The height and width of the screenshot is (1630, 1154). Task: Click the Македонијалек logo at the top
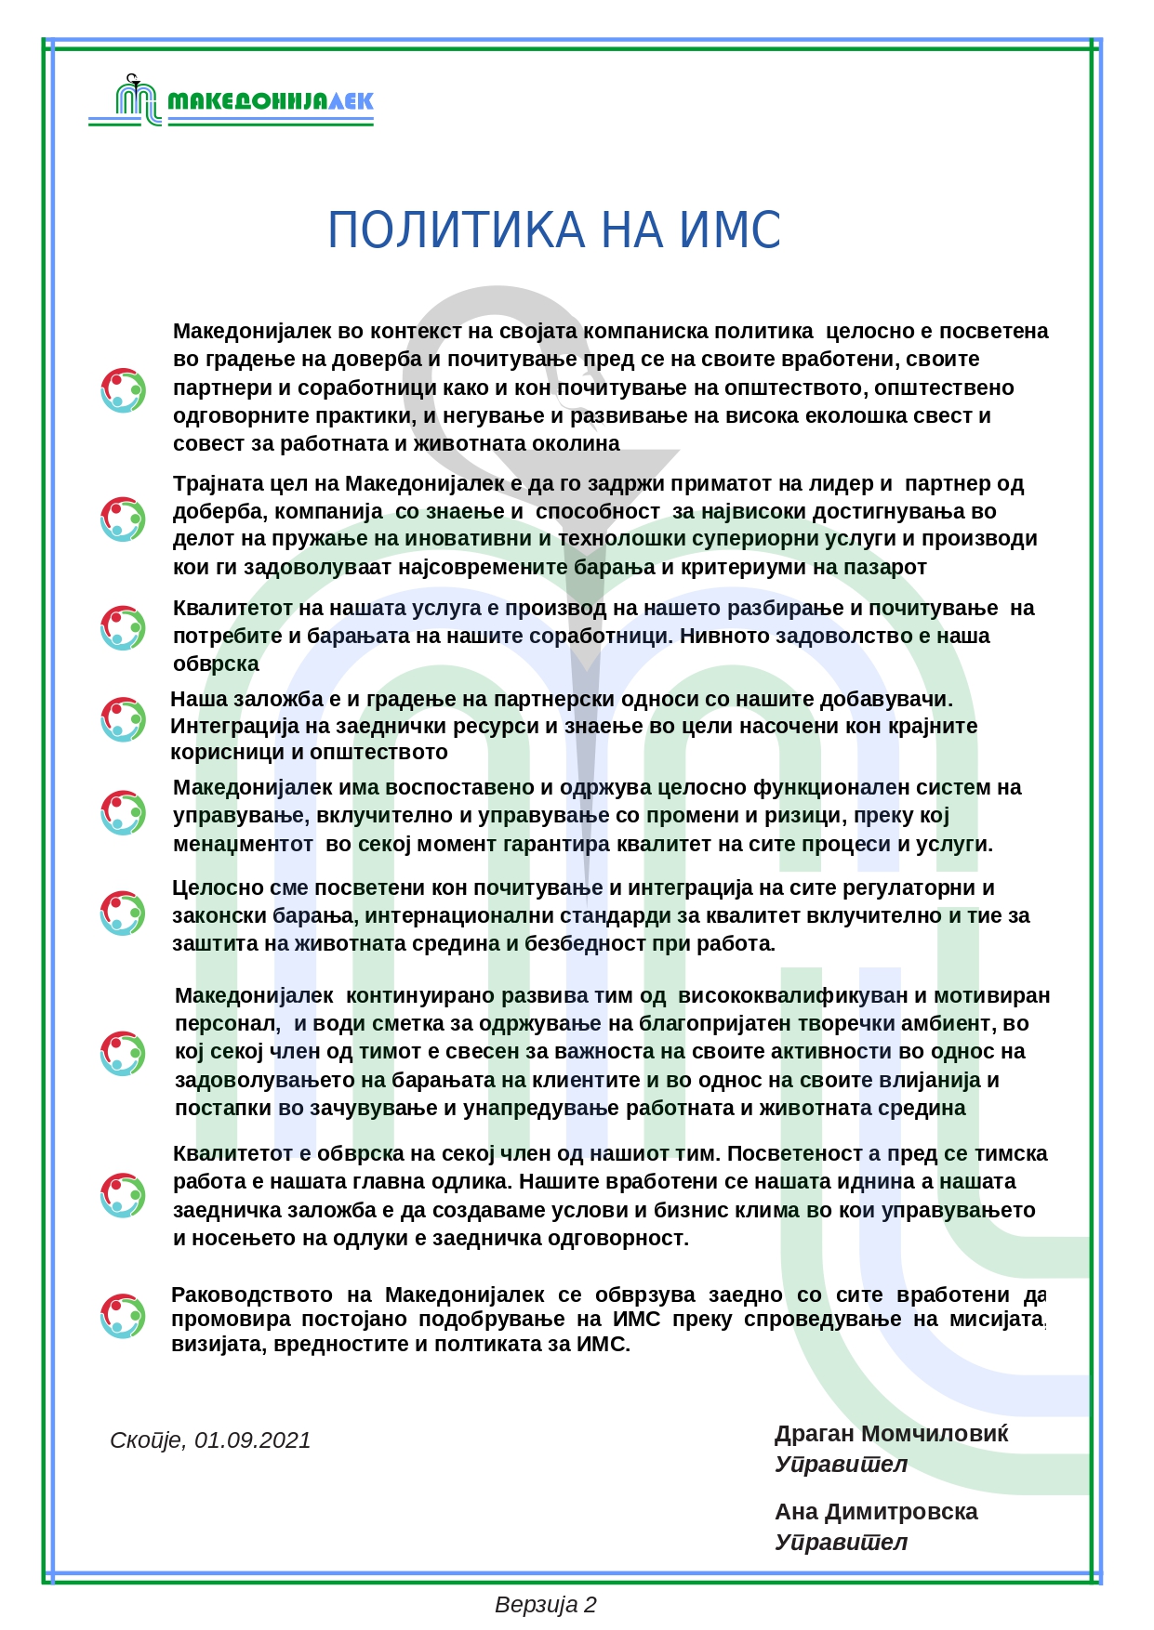tap(231, 100)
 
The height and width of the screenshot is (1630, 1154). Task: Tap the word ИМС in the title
tap(730, 230)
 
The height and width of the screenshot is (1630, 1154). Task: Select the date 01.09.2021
tap(252, 1439)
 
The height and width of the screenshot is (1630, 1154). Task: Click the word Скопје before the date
tap(145, 1439)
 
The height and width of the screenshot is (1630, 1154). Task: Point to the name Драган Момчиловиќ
tap(891, 1434)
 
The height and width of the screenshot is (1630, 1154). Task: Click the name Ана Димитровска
tap(876, 1512)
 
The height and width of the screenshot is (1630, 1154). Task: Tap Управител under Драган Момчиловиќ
tap(841, 1465)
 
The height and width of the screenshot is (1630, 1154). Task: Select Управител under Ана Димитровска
tap(841, 1543)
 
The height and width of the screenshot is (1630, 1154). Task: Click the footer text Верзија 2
tap(546, 1605)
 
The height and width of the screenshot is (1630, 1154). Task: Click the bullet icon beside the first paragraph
tap(123, 390)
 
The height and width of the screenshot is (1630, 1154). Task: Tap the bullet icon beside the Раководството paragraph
tap(123, 1316)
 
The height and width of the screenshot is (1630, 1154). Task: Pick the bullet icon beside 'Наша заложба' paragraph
tap(123, 719)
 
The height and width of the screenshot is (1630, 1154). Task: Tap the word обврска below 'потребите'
tap(216, 664)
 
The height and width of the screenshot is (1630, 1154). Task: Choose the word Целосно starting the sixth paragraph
tap(218, 887)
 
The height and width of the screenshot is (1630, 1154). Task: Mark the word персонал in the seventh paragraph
tap(226, 1023)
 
